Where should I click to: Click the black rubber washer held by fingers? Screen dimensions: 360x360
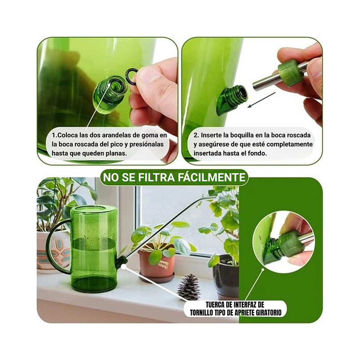(131, 76)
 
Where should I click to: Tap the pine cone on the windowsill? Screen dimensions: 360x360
(189, 287)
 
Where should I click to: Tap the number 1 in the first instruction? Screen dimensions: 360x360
(53, 135)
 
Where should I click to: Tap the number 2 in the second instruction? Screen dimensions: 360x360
(195, 135)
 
